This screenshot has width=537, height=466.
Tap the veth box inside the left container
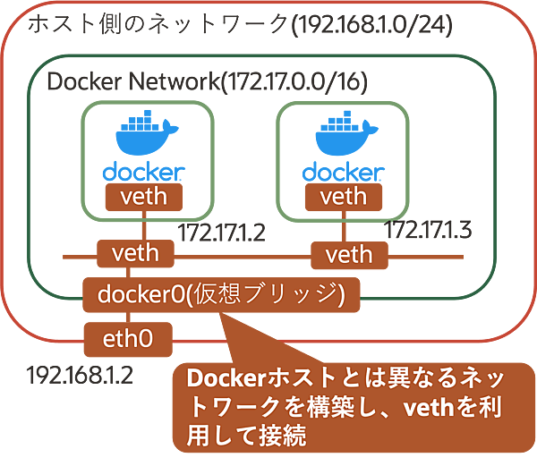(143, 194)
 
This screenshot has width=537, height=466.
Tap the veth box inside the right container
(344, 194)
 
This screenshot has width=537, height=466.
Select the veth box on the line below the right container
(348, 254)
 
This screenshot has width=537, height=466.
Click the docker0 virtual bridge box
(220, 293)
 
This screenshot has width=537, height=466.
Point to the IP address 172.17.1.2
(222, 234)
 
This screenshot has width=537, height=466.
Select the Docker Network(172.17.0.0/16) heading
(207, 82)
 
